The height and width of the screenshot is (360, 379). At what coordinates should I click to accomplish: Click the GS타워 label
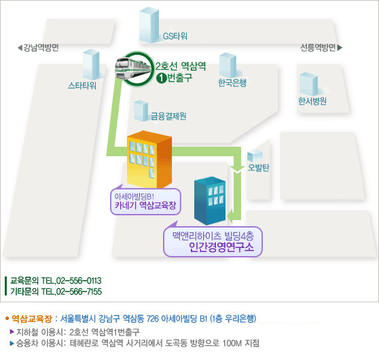click(175, 36)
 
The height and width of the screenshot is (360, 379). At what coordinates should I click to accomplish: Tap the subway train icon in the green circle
click(133, 68)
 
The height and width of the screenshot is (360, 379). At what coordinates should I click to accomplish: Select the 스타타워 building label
click(82, 86)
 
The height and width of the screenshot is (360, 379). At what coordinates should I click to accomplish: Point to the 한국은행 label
click(232, 82)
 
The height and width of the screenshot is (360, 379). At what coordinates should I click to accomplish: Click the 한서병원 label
click(312, 101)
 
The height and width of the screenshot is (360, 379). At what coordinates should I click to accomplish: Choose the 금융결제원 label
click(168, 116)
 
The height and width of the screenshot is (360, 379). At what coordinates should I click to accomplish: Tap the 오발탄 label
click(258, 167)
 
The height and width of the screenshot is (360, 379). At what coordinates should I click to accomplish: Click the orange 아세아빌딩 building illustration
click(149, 159)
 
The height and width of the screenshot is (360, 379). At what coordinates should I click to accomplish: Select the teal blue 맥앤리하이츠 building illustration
click(210, 200)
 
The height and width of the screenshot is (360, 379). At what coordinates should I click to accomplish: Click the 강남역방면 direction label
click(39, 48)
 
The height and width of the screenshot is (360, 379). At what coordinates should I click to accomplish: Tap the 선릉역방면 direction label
click(321, 48)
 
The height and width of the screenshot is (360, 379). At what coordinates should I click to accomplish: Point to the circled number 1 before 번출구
click(161, 78)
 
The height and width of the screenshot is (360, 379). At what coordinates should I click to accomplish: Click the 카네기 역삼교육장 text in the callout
click(145, 206)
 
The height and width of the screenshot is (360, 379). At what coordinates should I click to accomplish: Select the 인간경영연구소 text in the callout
click(221, 247)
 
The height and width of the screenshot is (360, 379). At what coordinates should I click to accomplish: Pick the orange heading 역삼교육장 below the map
click(32, 319)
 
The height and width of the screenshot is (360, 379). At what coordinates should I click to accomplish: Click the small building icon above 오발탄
click(255, 156)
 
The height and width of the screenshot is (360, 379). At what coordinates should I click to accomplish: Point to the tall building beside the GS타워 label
click(149, 25)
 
